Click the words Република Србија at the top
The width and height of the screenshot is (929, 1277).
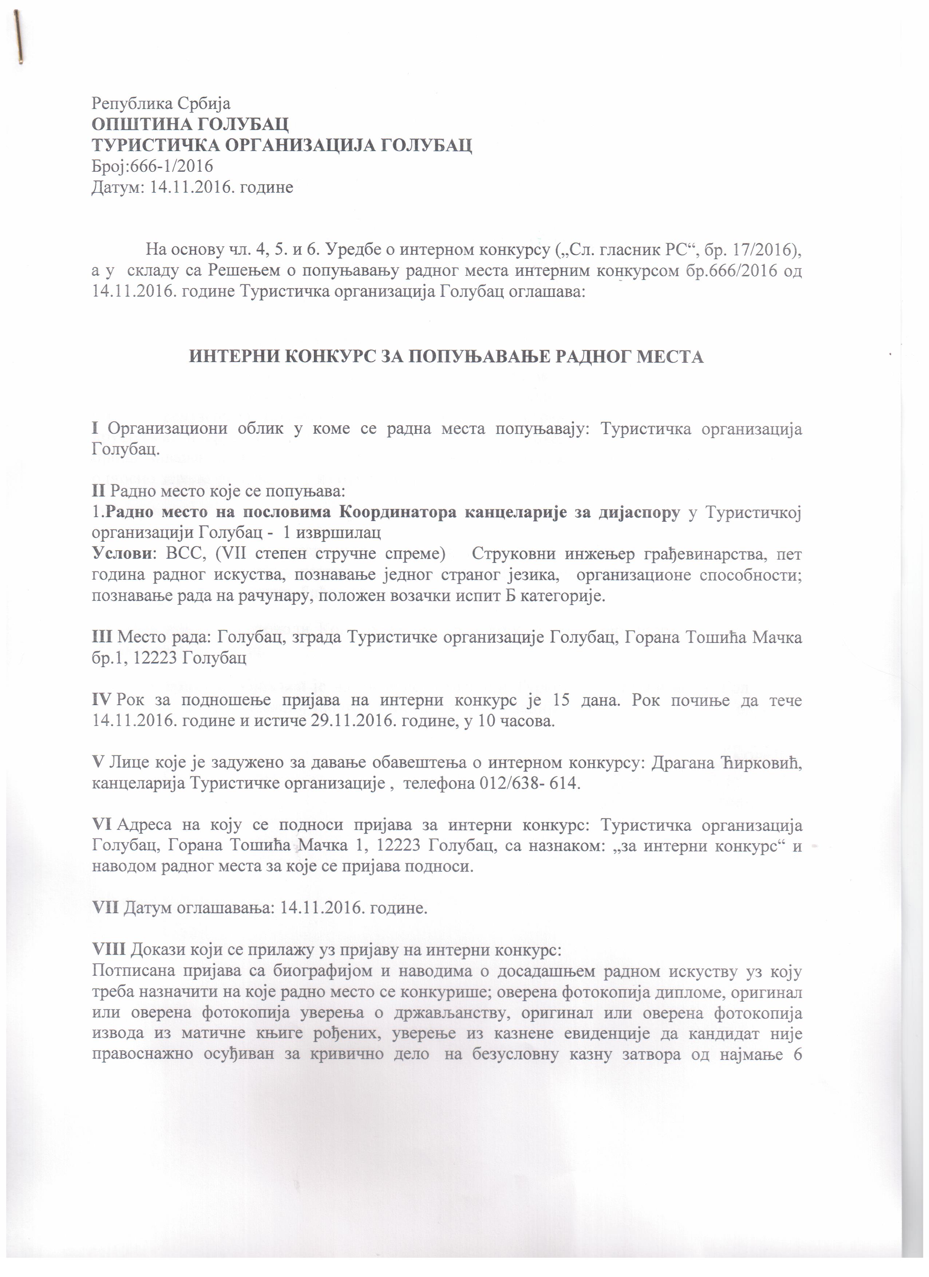(161, 104)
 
